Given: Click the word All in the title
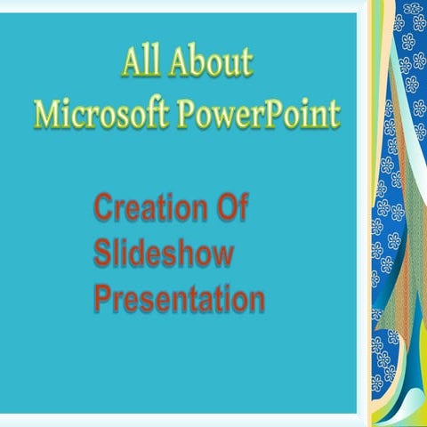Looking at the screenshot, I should click(141, 64).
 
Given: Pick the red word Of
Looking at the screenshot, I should click(231, 211).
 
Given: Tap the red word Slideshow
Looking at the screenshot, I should click(164, 254).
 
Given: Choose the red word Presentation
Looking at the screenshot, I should click(179, 298).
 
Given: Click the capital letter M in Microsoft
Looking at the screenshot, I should click(44, 113).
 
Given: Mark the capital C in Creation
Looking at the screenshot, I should click(103, 211).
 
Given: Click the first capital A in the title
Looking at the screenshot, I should click(131, 64).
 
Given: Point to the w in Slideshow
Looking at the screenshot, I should click(222, 254).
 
